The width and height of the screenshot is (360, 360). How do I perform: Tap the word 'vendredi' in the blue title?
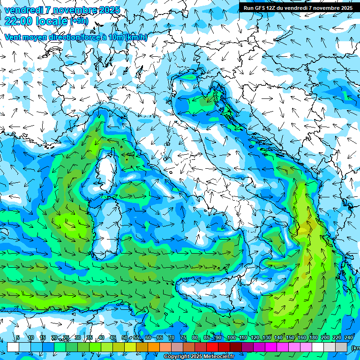[x=23, y=10]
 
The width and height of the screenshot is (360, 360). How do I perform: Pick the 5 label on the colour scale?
[x=18, y=338]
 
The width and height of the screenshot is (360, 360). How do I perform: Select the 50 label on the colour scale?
[x=124, y=338]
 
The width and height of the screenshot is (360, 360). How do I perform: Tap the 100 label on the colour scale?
[x=231, y=338]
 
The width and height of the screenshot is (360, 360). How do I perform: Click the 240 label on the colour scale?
[x=349, y=338]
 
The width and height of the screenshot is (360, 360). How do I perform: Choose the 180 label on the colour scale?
[x=314, y=338]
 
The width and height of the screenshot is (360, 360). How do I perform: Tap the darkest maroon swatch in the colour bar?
[x=236, y=347]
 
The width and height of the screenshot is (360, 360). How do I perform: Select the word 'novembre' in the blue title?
[x=73, y=10]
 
